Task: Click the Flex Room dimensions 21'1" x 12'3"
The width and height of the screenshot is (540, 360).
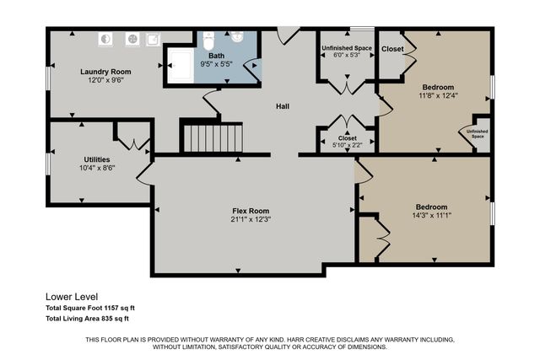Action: coord(251,220)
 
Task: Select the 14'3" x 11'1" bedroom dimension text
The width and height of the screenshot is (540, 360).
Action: coord(430,217)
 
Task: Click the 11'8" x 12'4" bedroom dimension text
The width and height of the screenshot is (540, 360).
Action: coord(437,96)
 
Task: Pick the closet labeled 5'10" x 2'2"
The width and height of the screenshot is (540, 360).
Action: coord(347,146)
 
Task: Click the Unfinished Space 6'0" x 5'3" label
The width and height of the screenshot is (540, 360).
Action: coord(347,56)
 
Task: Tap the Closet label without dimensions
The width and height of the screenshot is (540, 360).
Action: coord(392,49)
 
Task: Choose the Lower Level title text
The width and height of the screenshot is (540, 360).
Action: coord(72,297)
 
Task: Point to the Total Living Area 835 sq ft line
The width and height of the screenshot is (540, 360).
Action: coord(86,319)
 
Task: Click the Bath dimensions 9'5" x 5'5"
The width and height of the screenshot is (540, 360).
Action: coord(217,64)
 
